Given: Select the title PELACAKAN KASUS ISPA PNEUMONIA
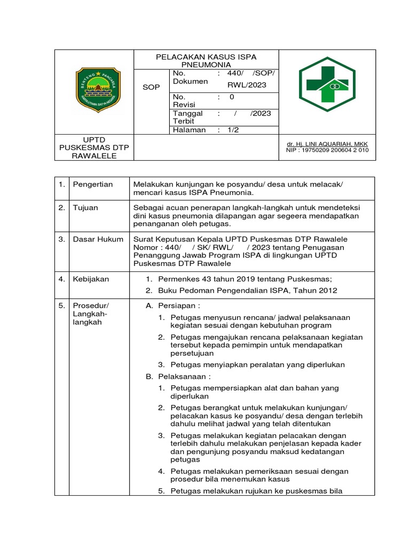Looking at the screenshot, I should click(206, 61).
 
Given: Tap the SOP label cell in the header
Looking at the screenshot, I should click(151, 87).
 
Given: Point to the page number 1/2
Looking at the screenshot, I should click(234, 130).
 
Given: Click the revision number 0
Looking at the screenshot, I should click(232, 97).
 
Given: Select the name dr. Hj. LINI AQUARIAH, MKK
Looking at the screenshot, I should click(327, 144).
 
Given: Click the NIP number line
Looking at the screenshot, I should click(327, 151).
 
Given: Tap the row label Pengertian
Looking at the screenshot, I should click(93, 184).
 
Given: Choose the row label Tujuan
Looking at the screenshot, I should click(85, 208).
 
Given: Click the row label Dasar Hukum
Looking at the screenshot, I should click(98, 239).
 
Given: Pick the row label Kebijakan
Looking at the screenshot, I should click(91, 279).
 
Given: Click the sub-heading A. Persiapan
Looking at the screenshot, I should click(173, 306).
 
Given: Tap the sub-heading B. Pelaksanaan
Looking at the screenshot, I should click(177, 377).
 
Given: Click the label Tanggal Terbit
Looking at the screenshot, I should click(187, 117).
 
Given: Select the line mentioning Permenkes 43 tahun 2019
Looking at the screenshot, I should click(245, 279).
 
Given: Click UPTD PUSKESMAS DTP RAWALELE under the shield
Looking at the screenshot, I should click(94, 147).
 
